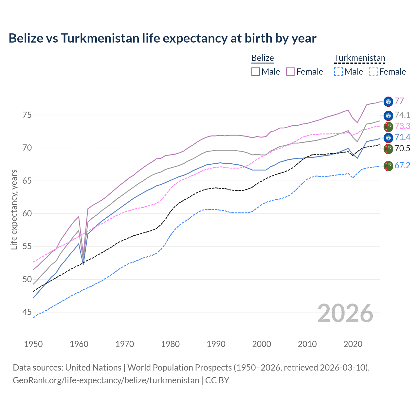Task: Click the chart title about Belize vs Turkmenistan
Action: [x=162, y=38]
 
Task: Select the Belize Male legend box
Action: [x=256, y=72]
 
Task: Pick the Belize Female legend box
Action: [x=290, y=72]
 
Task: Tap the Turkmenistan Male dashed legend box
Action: [x=338, y=72]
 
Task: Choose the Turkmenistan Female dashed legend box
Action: [x=373, y=72]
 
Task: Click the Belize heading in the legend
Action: [x=263, y=58]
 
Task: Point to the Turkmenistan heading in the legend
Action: [x=360, y=58]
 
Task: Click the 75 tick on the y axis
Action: [x=27, y=115]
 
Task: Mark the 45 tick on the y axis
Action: [x=27, y=312]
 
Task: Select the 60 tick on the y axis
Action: [x=27, y=214]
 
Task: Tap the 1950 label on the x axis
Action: [x=33, y=344]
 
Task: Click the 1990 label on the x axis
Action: [x=216, y=344]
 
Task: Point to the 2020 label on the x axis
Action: [x=353, y=344]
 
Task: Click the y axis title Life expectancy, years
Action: [x=14, y=209]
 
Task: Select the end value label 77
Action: [x=399, y=101]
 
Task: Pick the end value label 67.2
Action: [x=402, y=166]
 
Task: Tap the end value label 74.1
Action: [x=402, y=115]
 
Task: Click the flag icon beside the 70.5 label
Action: [x=388, y=149]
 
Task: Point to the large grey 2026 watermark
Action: [x=345, y=313]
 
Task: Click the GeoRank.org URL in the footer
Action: [x=106, y=380]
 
